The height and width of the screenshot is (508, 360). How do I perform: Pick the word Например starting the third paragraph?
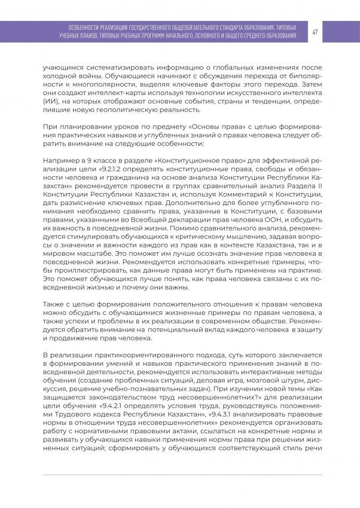tap(60, 161)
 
